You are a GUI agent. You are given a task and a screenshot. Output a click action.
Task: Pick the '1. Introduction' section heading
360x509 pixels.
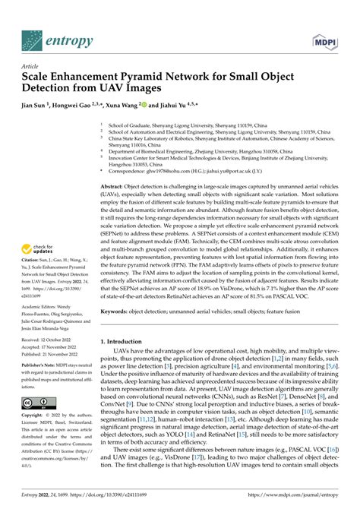(x=125, y=341)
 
